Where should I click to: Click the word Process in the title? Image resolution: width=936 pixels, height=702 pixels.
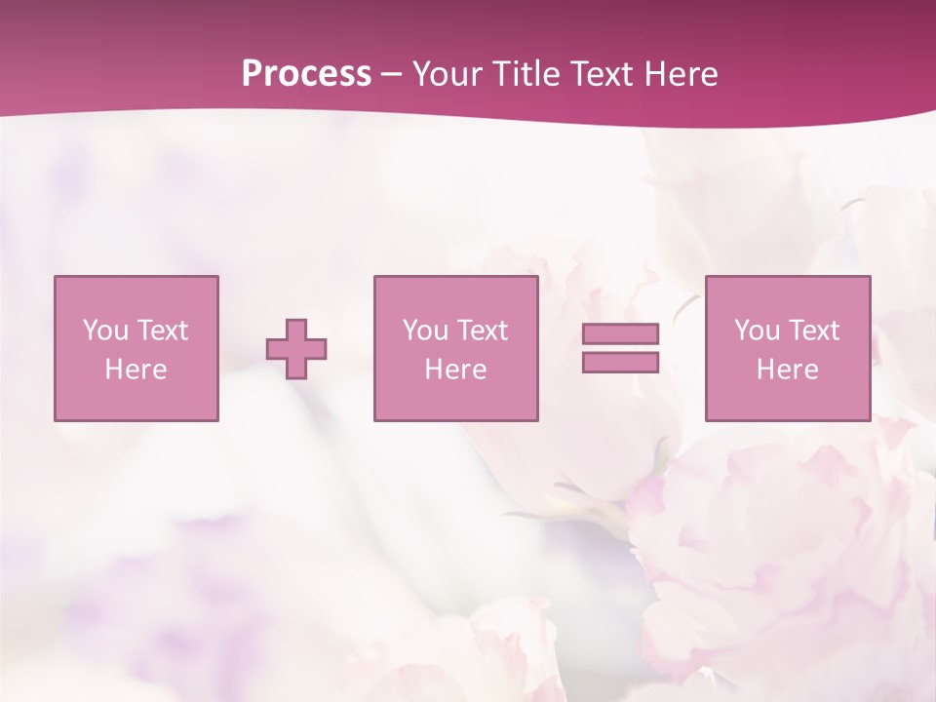click(306, 74)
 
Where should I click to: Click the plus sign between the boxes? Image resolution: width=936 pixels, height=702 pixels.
click(296, 349)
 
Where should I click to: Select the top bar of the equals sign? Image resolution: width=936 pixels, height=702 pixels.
click(620, 333)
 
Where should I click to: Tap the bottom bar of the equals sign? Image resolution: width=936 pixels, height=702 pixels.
click(620, 362)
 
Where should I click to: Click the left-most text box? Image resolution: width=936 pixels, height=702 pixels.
click(136, 349)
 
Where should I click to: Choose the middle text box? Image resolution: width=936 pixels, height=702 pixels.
click(455, 349)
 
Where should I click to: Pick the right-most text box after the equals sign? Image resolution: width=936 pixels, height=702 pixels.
click(788, 349)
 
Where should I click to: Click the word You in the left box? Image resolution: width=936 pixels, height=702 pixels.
click(105, 331)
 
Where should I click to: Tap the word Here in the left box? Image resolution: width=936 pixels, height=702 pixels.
click(136, 370)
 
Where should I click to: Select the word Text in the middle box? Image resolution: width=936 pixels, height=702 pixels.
click(483, 331)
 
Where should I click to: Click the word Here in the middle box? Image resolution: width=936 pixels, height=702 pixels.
click(455, 370)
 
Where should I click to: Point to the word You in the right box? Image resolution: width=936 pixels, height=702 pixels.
click(757, 331)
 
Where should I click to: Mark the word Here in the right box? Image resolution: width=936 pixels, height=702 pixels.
click(788, 370)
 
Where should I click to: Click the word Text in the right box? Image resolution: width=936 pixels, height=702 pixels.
click(814, 331)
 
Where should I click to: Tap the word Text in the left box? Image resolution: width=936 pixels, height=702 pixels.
click(163, 331)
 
